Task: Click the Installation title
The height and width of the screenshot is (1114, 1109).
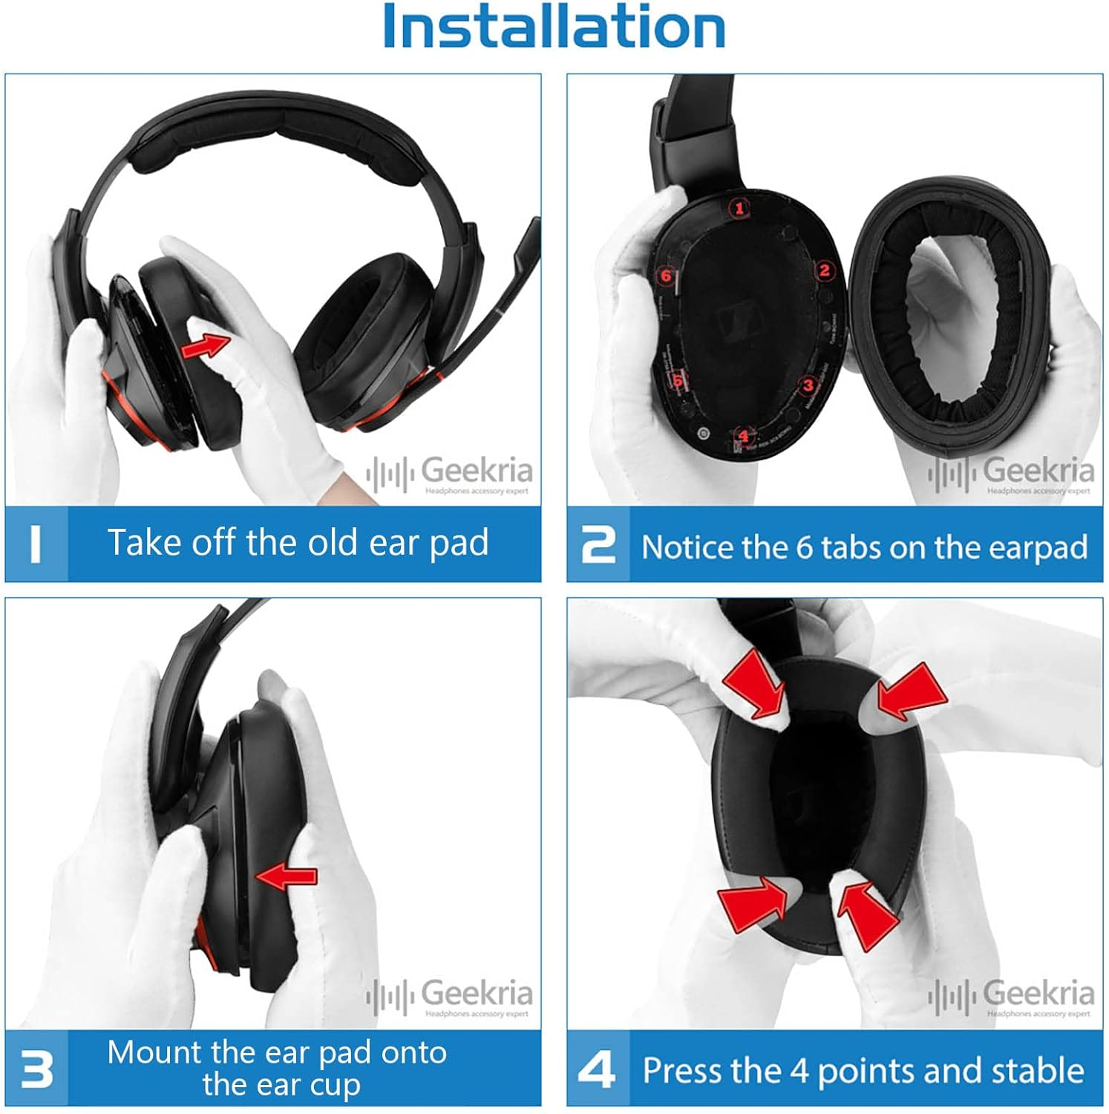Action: [x=554, y=27]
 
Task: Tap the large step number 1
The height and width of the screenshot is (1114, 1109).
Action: [x=35, y=544]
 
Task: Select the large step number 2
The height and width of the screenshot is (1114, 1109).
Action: [x=598, y=545]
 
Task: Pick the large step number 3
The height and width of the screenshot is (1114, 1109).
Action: [x=36, y=1069]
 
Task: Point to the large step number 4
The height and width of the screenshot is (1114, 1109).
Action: [x=597, y=1070]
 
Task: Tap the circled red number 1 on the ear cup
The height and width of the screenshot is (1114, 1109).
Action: [x=739, y=209]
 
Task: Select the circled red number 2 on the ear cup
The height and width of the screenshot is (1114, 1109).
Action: [x=824, y=270]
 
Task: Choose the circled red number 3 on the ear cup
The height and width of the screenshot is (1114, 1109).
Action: [x=808, y=385]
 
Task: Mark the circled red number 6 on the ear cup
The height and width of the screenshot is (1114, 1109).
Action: [x=666, y=276]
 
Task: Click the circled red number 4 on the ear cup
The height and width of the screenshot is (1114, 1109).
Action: [x=745, y=435]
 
